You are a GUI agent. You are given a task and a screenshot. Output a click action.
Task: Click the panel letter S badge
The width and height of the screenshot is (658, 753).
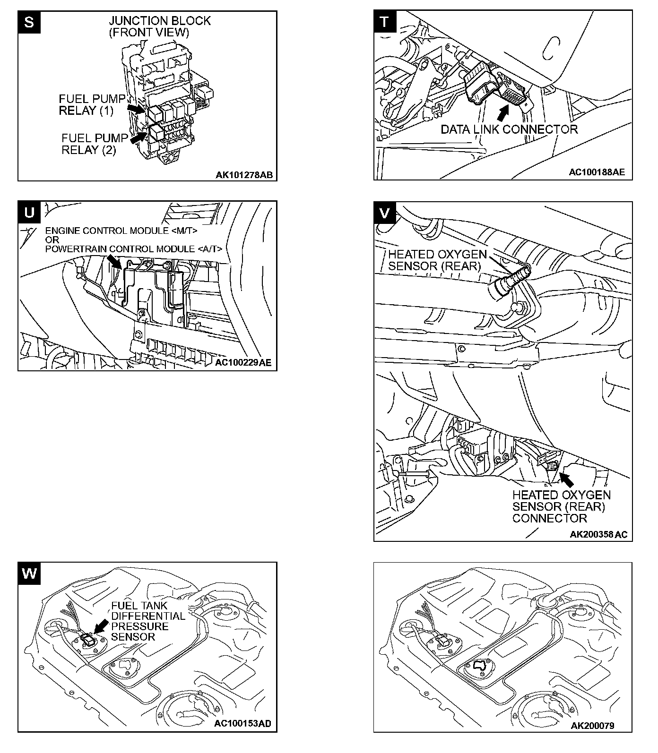(29, 22)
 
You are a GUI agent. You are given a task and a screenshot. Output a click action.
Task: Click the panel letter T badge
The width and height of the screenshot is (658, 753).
(385, 22)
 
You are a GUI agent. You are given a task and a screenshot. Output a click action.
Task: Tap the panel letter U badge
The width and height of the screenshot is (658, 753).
(29, 212)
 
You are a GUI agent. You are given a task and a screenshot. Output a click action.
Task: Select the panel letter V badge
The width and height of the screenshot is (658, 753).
(385, 213)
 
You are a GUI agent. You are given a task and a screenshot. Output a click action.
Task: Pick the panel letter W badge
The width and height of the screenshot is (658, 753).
(29, 573)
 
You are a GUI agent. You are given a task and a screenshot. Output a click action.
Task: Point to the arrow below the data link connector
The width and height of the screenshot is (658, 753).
(504, 112)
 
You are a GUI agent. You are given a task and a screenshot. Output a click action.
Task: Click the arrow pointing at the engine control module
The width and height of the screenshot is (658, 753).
(114, 261)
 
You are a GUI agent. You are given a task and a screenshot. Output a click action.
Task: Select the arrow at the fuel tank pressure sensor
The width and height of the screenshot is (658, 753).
(101, 626)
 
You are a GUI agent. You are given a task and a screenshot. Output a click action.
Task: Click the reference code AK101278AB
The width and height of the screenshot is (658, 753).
(244, 175)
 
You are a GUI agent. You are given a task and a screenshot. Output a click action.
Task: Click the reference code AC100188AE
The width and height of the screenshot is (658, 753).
(597, 172)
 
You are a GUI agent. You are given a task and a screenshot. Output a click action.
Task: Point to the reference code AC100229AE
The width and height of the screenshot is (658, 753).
(243, 363)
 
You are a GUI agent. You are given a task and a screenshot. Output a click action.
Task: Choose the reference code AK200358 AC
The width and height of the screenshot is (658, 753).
(598, 534)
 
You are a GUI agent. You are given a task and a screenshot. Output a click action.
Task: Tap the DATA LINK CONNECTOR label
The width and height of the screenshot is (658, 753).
(509, 129)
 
